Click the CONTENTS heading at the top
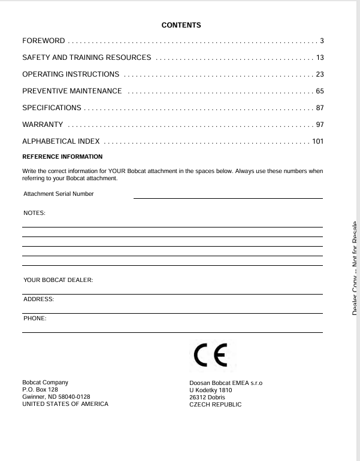[181, 25]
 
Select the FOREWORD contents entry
[44, 41]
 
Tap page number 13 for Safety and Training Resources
[320, 57]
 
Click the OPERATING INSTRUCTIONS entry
[71, 74]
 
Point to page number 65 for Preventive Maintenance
[320, 91]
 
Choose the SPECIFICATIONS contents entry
[52, 108]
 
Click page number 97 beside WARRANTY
[320, 125]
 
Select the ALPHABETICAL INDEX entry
[61, 141]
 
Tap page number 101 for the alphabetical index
[317, 141]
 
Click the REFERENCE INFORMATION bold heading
[62, 157]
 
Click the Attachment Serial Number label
[59, 194]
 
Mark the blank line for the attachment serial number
[228, 198]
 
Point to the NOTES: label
[34, 213]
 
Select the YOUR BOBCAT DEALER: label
[58, 280]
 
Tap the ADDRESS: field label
[38, 299]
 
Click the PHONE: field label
[35, 318]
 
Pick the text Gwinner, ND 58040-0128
[56, 397]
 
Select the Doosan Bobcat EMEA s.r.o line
[226, 383]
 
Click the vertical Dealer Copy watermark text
[355, 267]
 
